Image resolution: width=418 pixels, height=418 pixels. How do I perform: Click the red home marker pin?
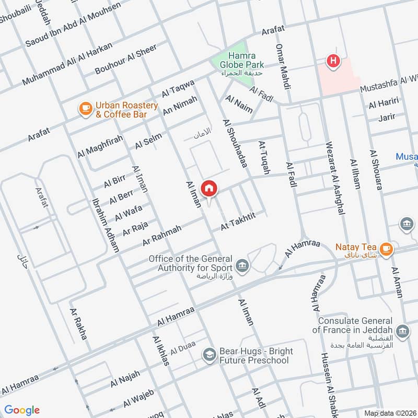click(209, 189)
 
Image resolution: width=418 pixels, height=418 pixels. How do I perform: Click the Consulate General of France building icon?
click(402, 330)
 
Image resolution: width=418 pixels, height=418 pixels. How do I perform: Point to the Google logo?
click(22, 410)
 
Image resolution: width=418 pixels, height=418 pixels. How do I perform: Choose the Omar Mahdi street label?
click(283, 67)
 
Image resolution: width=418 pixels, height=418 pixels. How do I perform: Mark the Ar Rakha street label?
click(78, 324)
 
